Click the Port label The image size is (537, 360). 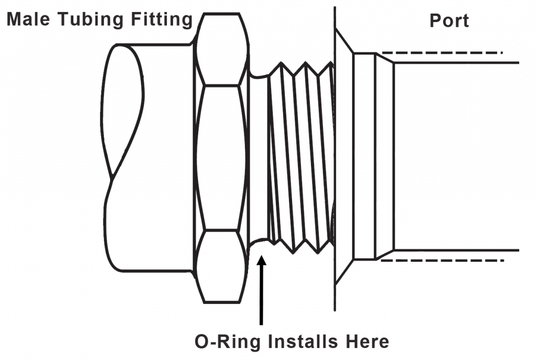coord(449,21)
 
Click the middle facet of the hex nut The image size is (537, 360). coord(220,157)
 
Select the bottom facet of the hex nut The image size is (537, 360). coord(220,266)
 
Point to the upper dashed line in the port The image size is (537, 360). coord(441,52)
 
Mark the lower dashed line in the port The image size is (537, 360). coord(441,261)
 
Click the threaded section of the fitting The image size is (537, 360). coord(302,157)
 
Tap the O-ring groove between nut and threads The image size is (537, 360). coord(257,157)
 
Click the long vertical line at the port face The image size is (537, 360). coord(335,157)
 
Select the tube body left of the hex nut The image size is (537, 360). coord(163,157)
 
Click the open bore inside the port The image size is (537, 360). coord(456,157)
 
